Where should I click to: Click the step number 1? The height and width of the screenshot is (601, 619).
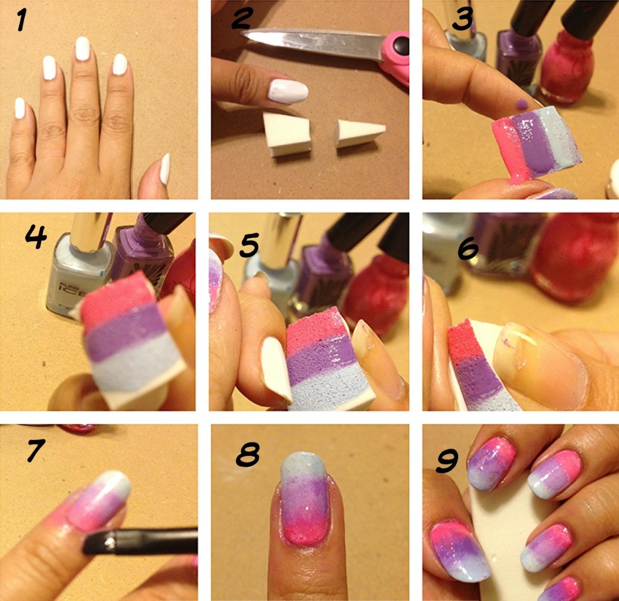(21, 20)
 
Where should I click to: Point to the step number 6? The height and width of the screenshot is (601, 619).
(468, 248)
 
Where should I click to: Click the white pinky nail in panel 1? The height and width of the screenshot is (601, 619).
(20, 108)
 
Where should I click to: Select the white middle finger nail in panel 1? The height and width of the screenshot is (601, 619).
(82, 48)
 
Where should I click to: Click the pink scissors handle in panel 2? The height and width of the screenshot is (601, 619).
(395, 55)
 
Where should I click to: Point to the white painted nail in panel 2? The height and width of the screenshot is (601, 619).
(288, 91)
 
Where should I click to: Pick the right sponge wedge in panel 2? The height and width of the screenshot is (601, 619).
(360, 134)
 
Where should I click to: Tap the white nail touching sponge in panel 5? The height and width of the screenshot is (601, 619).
(276, 369)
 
